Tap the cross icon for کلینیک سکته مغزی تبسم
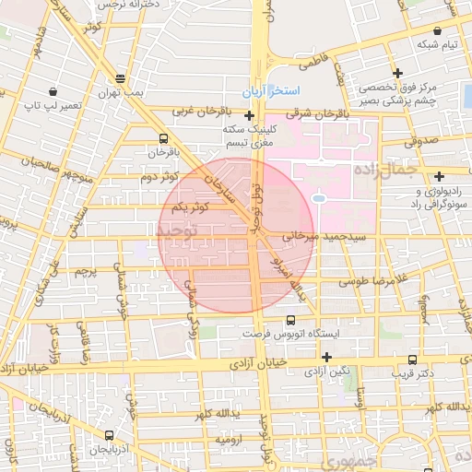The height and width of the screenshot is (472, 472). [250, 116]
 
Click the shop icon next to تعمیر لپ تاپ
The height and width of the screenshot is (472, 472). [53, 92]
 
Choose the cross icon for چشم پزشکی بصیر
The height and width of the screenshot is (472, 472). [397, 73]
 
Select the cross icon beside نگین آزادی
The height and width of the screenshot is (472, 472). [326, 357]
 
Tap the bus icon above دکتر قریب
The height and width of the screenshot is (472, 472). [410, 360]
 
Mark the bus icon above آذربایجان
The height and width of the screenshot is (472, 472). [110, 435]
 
